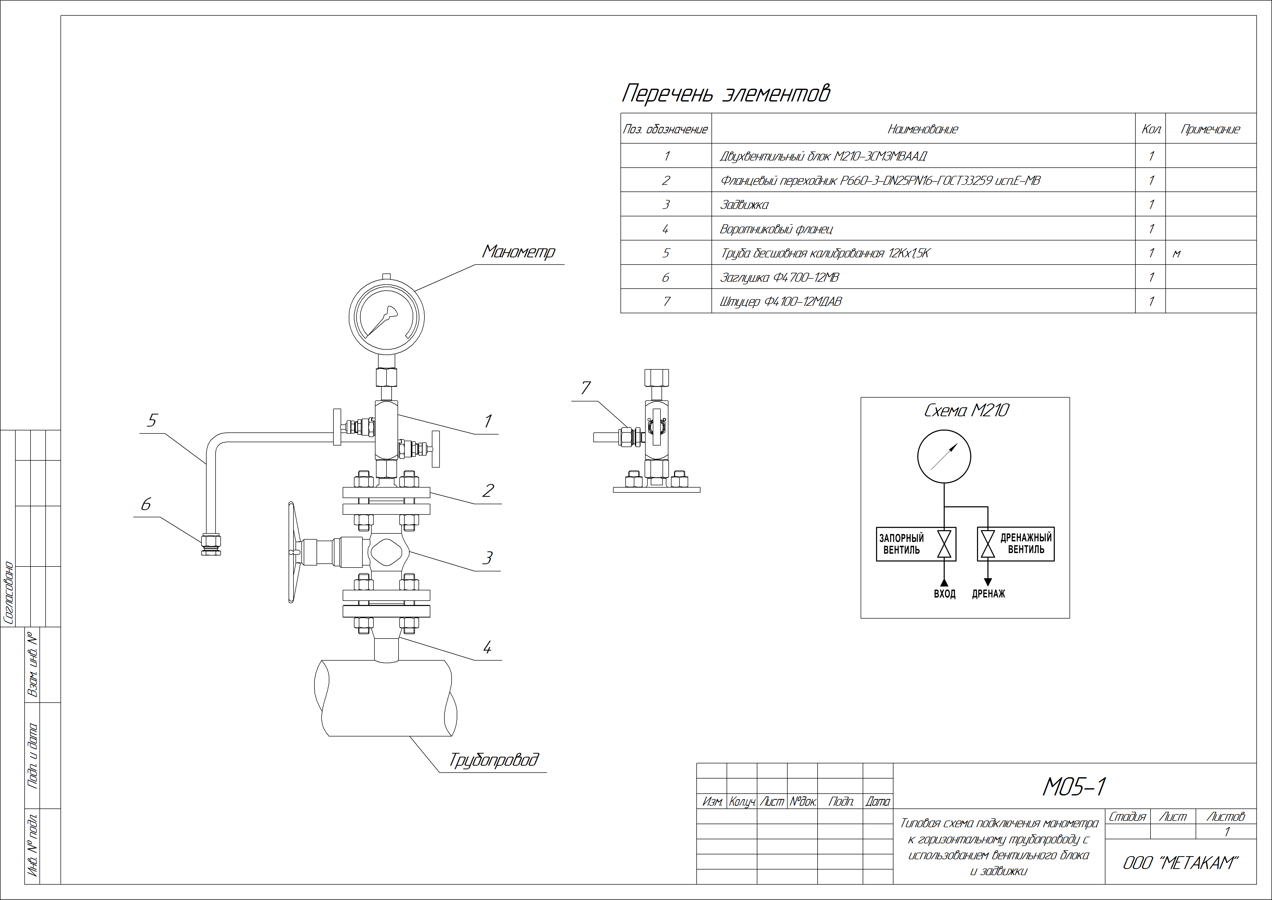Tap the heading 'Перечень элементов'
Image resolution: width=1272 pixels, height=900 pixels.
726,93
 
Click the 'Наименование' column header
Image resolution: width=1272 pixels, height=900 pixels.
922,129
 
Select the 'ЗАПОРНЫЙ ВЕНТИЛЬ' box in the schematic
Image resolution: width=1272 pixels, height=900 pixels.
915,544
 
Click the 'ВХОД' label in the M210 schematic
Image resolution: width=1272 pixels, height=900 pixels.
945,594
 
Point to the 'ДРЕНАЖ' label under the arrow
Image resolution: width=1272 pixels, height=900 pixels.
988,594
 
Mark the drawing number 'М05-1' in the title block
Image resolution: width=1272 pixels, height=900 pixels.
1074,787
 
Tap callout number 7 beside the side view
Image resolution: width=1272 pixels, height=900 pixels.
586,389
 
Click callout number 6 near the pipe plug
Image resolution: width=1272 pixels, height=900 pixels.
146,504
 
